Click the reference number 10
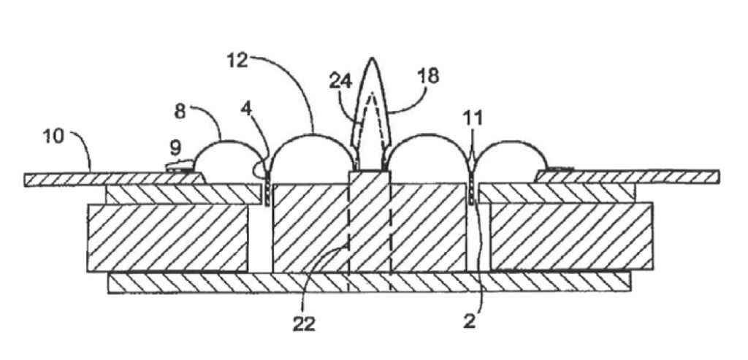[x=53, y=137]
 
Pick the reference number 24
[x=340, y=81]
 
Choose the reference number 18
[x=428, y=76]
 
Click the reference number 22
[x=304, y=323]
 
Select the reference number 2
[x=470, y=321]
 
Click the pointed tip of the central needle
[x=372, y=58]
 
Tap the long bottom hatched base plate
[x=369, y=283]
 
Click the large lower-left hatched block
[x=167, y=237]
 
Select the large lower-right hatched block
[x=571, y=237]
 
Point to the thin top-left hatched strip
[x=115, y=180]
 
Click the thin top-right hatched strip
[x=627, y=177]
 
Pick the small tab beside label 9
[x=180, y=166]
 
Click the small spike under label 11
[x=472, y=161]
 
